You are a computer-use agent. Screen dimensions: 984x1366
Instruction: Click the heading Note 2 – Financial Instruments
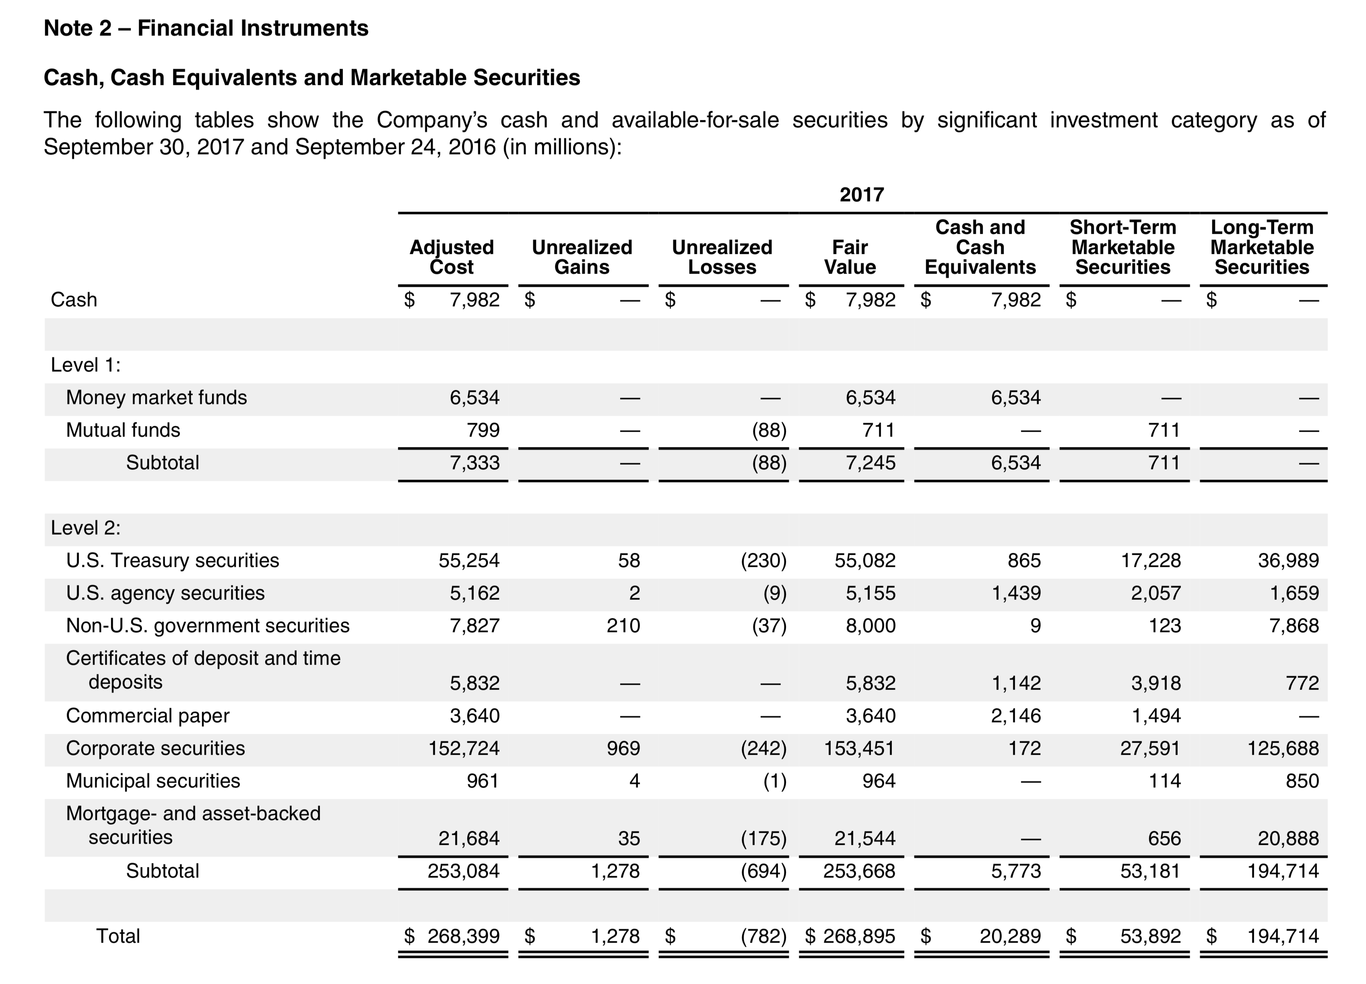click(x=206, y=28)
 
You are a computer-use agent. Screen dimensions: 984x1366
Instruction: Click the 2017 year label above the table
click(x=861, y=194)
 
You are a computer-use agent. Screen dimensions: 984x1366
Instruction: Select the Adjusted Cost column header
click(x=452, y=257)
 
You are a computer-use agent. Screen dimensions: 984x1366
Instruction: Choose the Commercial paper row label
click(x=148, y=716)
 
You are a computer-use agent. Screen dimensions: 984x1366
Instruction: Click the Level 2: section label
click(x=85, y=528)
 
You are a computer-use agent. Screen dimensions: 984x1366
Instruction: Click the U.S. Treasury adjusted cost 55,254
click(x=468, y=560)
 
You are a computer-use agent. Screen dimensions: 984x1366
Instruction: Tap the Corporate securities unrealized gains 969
click(x=623, y=748)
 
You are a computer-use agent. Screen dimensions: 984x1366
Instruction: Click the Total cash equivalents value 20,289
click(x=1010, y=936)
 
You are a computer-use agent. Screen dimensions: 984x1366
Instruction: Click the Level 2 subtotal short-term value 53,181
click(x=1150, y=871)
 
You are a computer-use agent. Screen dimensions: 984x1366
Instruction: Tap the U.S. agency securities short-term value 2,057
click(x=1156, y=593)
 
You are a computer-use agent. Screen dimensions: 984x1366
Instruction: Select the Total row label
click(x=118, y=936)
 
